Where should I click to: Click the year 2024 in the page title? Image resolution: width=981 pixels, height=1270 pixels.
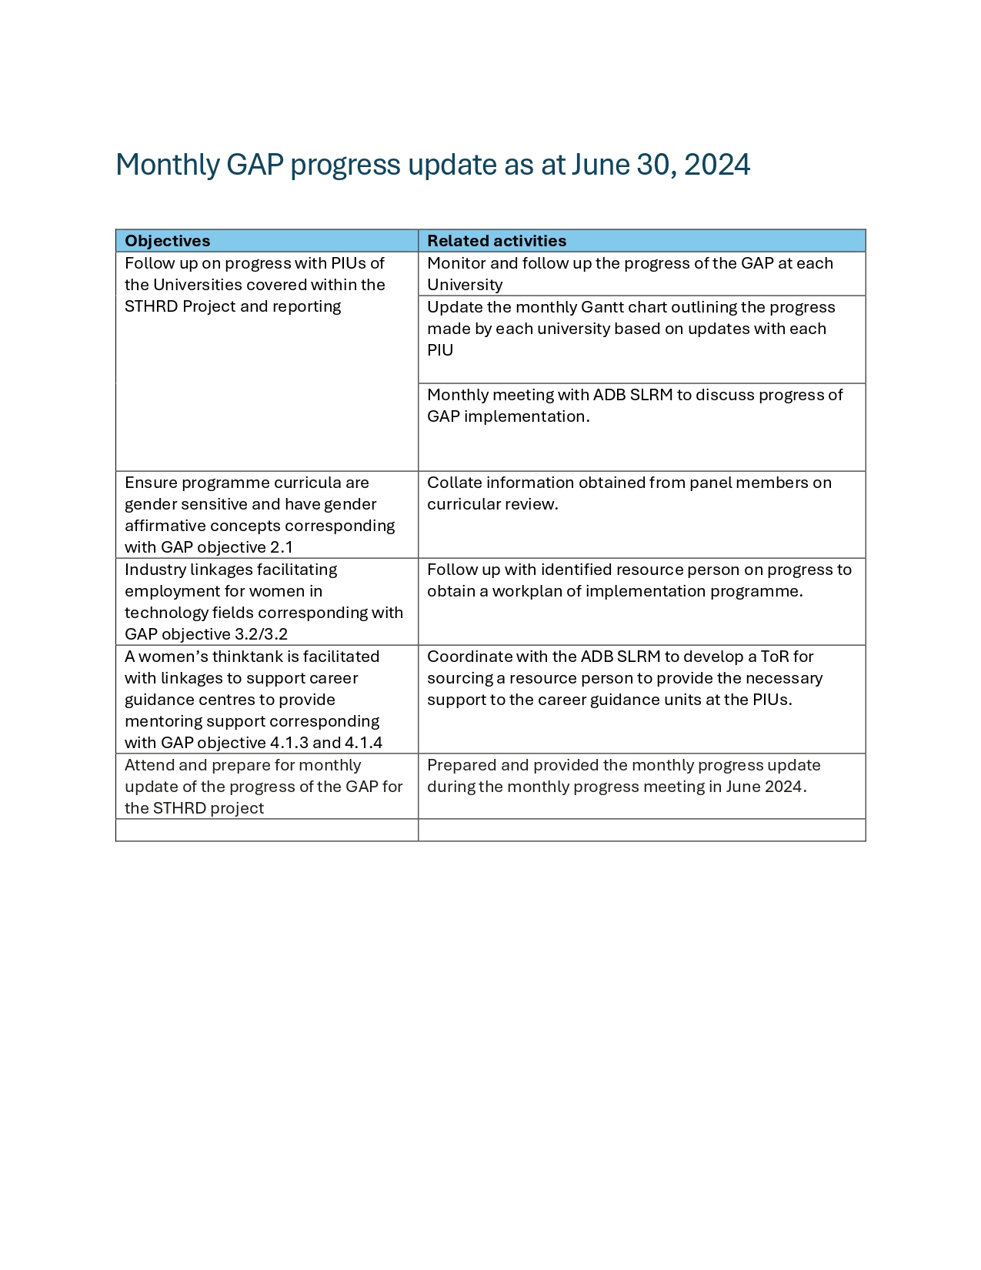(716, 165)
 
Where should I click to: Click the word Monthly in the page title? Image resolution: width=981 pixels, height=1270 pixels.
(167, 165)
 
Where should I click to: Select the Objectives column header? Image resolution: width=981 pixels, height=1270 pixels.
(167, 241)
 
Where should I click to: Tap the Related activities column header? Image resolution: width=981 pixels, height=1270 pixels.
(496, 241)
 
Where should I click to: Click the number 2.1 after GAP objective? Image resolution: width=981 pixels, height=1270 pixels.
(282, 547)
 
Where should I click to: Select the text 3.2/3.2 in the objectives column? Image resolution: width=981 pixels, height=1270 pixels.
(260, 634)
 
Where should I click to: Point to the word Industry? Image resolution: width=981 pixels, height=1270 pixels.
(155, 570)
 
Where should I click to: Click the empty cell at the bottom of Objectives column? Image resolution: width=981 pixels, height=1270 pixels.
(266, 830)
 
